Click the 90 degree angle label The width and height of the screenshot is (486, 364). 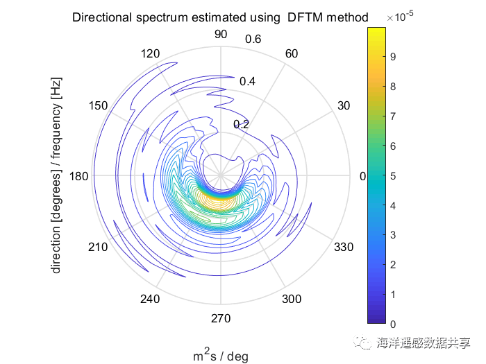point(221,35)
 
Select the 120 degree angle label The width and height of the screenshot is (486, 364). point(151,54)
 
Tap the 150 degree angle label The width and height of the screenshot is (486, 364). point(99,105)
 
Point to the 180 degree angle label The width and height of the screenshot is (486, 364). point(80,177)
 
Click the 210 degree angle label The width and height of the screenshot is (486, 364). point(99,248)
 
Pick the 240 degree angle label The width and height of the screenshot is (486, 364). point(151,299)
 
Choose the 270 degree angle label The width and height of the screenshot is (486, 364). point(221,318)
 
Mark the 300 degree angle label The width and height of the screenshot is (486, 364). point(292,299)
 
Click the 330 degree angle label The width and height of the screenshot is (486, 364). point(344,248)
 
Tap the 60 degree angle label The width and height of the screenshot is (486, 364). point(292,54)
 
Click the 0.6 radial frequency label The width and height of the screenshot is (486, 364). point(253,39)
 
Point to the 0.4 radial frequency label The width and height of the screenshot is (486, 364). point(247,81)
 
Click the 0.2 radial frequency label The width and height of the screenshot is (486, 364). point(241,124)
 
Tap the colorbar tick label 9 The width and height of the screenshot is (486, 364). point(393,57)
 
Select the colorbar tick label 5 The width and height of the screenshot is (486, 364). point(393,176)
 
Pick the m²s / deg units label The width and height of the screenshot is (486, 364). point(220,356)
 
